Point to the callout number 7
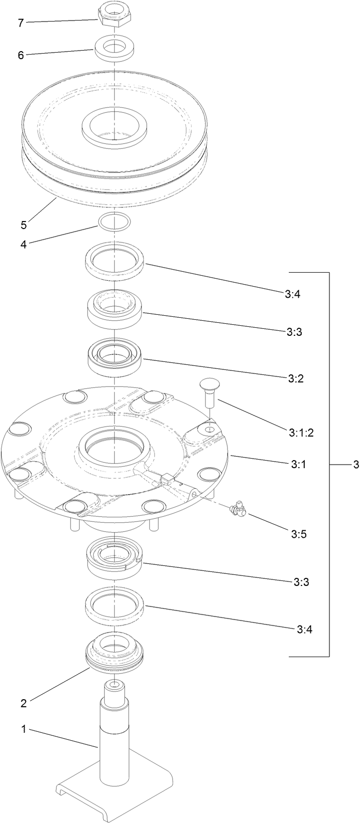[21, 23]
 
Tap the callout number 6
[21, 55]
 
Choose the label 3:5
[299, 534]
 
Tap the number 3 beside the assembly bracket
[355, 465]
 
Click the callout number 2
[24, 703]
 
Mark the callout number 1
[24, 729]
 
